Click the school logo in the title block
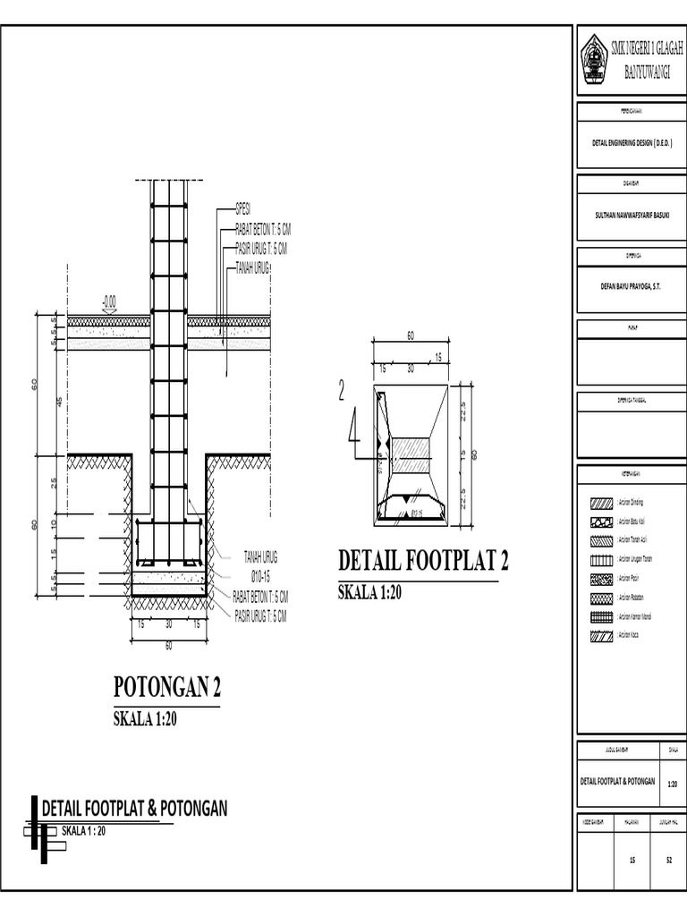(593, 60)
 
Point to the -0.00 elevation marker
(109, 302)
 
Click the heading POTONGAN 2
(167, 688)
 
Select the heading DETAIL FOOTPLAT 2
(423, 561)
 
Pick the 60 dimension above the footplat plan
(411, 335)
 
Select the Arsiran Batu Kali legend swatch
(601, 522)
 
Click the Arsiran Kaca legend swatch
(601, 635)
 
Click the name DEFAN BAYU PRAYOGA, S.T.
(631, 285)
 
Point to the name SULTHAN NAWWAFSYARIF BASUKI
(631, 214)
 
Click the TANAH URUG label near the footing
(260, 556)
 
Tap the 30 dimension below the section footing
(168, 624)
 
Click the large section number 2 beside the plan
(341, 391)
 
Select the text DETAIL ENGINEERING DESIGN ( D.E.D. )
(632, 142)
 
